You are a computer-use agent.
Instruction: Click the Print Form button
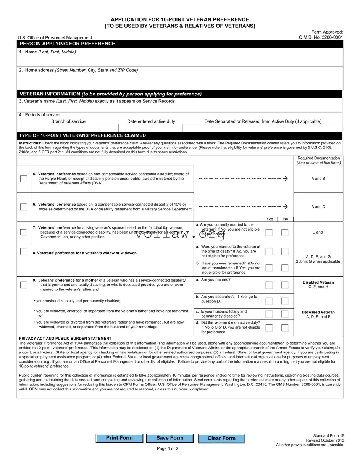coord(119,438)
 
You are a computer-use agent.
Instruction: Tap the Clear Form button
coord(221,439)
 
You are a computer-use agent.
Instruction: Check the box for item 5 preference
coord(24,179)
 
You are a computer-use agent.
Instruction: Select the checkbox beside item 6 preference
coord(24,207)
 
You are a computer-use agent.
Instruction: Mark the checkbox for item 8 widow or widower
coord(24,252)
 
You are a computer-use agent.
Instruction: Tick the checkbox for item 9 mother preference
coord(24,285)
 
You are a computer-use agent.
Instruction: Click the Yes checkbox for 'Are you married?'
coord(269,285)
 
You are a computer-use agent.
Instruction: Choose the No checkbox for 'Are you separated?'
coord(285,301)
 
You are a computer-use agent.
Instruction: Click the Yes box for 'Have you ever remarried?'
coord(269,268)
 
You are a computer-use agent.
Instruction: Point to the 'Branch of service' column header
coord(68,121)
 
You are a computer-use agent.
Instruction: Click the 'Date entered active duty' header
coord(151,121)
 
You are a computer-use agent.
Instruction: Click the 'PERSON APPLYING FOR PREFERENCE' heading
coord(67,44)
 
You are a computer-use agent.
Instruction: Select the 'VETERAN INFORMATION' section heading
coord(110,94)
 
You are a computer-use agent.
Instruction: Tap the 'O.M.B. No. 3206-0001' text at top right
coord(321,37)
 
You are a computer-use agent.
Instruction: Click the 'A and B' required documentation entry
coord(318,179)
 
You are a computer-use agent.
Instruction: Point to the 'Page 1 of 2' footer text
coord(168,448)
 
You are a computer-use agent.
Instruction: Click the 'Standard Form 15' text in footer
coord(328,435)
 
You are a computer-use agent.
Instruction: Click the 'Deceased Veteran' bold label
coord(318,312)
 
